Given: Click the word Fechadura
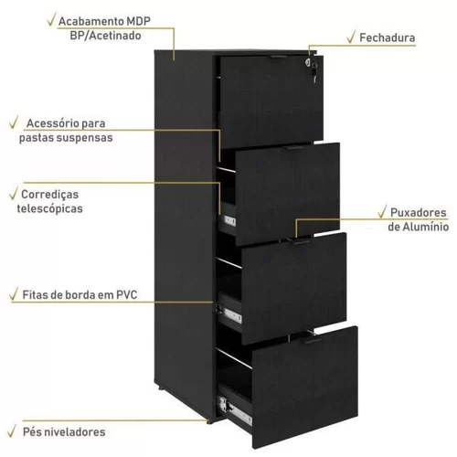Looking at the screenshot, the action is (388, 37).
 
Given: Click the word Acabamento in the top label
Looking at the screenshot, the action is (90, 21).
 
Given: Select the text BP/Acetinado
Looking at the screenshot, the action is (105, 36).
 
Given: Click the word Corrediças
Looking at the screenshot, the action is (50, 195).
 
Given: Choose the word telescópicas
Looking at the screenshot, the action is (50, 208).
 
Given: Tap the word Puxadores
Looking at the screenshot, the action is (419, 213).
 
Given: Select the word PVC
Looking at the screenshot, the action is (127, 294).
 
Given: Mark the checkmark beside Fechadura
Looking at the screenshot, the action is (351, 37).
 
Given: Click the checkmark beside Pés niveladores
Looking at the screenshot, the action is (12, 430).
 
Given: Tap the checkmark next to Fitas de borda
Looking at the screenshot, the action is (14, 293).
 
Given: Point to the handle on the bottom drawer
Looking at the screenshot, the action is (313, 341).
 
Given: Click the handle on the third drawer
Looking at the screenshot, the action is (302, 241).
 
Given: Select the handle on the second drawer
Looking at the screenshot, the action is (295, 148).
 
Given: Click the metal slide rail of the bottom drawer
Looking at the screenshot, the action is (235, 409).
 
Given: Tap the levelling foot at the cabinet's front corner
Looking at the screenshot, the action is (208, 421).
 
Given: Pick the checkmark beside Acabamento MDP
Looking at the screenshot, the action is (52, 19).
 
